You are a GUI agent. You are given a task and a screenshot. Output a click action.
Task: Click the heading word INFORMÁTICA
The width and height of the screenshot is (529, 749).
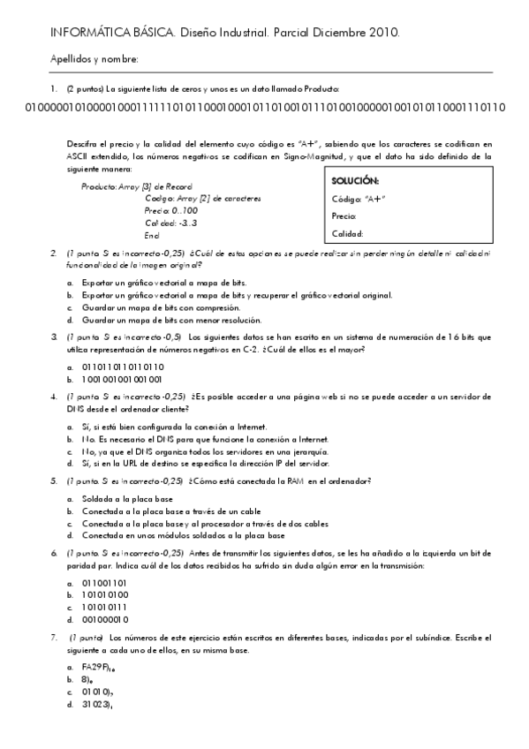coord(81,33)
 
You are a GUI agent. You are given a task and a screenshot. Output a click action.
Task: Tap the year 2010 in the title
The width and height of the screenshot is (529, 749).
coord(385,33)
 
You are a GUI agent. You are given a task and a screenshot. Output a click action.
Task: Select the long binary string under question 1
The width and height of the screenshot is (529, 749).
coord(264,108)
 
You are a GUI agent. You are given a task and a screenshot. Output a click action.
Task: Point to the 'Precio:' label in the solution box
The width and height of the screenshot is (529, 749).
coord(344,216)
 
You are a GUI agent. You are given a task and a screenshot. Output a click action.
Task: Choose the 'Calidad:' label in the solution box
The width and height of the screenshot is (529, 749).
coord(347,234)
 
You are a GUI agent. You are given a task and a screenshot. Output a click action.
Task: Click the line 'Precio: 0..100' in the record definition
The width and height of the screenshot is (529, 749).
coord(171,211)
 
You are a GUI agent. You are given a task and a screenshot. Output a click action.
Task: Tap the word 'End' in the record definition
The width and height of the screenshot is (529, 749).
coord(151,235)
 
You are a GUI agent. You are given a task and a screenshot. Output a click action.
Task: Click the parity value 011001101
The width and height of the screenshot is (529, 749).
coord(104,583)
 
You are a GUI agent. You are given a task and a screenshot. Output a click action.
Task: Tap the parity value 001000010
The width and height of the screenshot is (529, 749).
coord(104,620)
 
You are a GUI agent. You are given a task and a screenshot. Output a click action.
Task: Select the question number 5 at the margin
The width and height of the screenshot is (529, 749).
coord(55,481)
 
